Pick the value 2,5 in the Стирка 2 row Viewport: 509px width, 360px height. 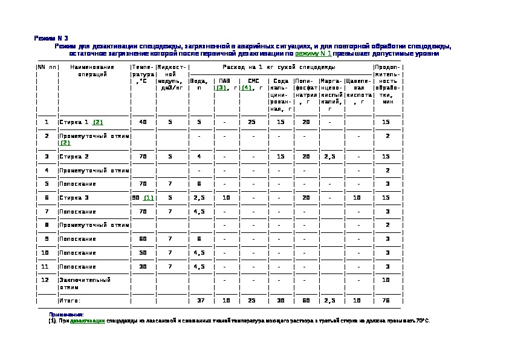[330, 156]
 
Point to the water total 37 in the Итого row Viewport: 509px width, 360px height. [199, 300]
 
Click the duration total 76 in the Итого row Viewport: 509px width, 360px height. [386, 300]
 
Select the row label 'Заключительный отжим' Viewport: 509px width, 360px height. [84, 284]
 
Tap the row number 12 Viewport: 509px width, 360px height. [46, 280]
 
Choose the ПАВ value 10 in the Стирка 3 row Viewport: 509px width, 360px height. [225, 198]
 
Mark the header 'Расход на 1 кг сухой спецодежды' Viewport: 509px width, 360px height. [279, 67]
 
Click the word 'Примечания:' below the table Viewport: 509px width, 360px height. [66, 315]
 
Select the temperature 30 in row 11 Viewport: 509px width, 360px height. [143, 266]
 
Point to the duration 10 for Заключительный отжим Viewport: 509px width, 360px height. [386, 280]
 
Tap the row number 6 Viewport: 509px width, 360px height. [46, 198]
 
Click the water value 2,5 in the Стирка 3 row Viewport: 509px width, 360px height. [199, 198]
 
